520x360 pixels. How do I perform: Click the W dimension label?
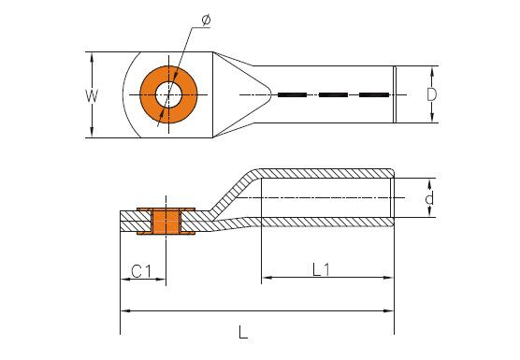(x=92, y=95)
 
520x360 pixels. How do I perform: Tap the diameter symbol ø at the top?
(x=206, y=21)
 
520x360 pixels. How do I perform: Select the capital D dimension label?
(x=431, y=94)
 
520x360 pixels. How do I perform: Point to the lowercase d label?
(x=429, y=198)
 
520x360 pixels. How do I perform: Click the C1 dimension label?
(x=141, y=271)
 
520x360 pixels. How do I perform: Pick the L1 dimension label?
(x=321, y=269)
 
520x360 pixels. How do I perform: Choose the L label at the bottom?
(x=243, y=332)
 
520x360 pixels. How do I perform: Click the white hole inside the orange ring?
(x=168, y=94)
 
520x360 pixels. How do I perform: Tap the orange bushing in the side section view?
(x=166, y=221)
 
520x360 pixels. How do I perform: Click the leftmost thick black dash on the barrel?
(x=292, y=94)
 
